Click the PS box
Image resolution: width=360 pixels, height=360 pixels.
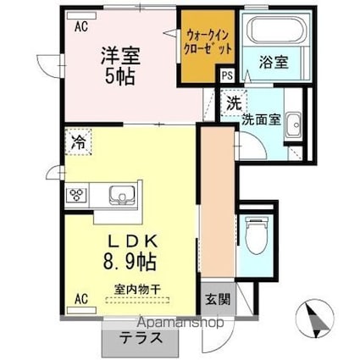(x=227, y=76)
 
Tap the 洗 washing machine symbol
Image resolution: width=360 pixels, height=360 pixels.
(x=231, y=105)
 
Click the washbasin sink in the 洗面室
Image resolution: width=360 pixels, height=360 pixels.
(x=292, y=127)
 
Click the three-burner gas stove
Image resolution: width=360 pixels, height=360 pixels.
(x=77, y=195)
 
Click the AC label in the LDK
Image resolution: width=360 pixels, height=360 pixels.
(x=81, y=299)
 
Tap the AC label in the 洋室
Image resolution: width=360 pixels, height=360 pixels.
(x=81, y=26)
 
